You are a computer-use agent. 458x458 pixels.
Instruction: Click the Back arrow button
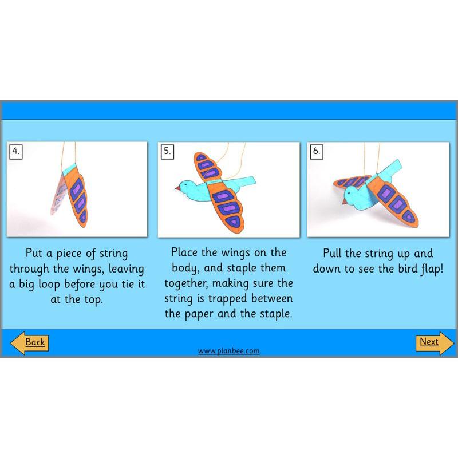point(29,342)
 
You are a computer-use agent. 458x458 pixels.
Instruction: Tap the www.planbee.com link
point(228,351)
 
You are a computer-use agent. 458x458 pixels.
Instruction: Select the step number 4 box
point(16,152)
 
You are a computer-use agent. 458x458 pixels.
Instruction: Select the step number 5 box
point(167,152)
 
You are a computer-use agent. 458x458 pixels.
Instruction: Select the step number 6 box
point(316,152)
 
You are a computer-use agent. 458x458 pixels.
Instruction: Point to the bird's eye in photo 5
point(185,185)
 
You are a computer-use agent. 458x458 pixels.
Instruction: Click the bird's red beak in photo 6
point(339,202)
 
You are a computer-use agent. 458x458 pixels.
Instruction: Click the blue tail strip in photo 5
point(250,181)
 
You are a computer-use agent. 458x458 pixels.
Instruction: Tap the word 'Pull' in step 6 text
point(334,254)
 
